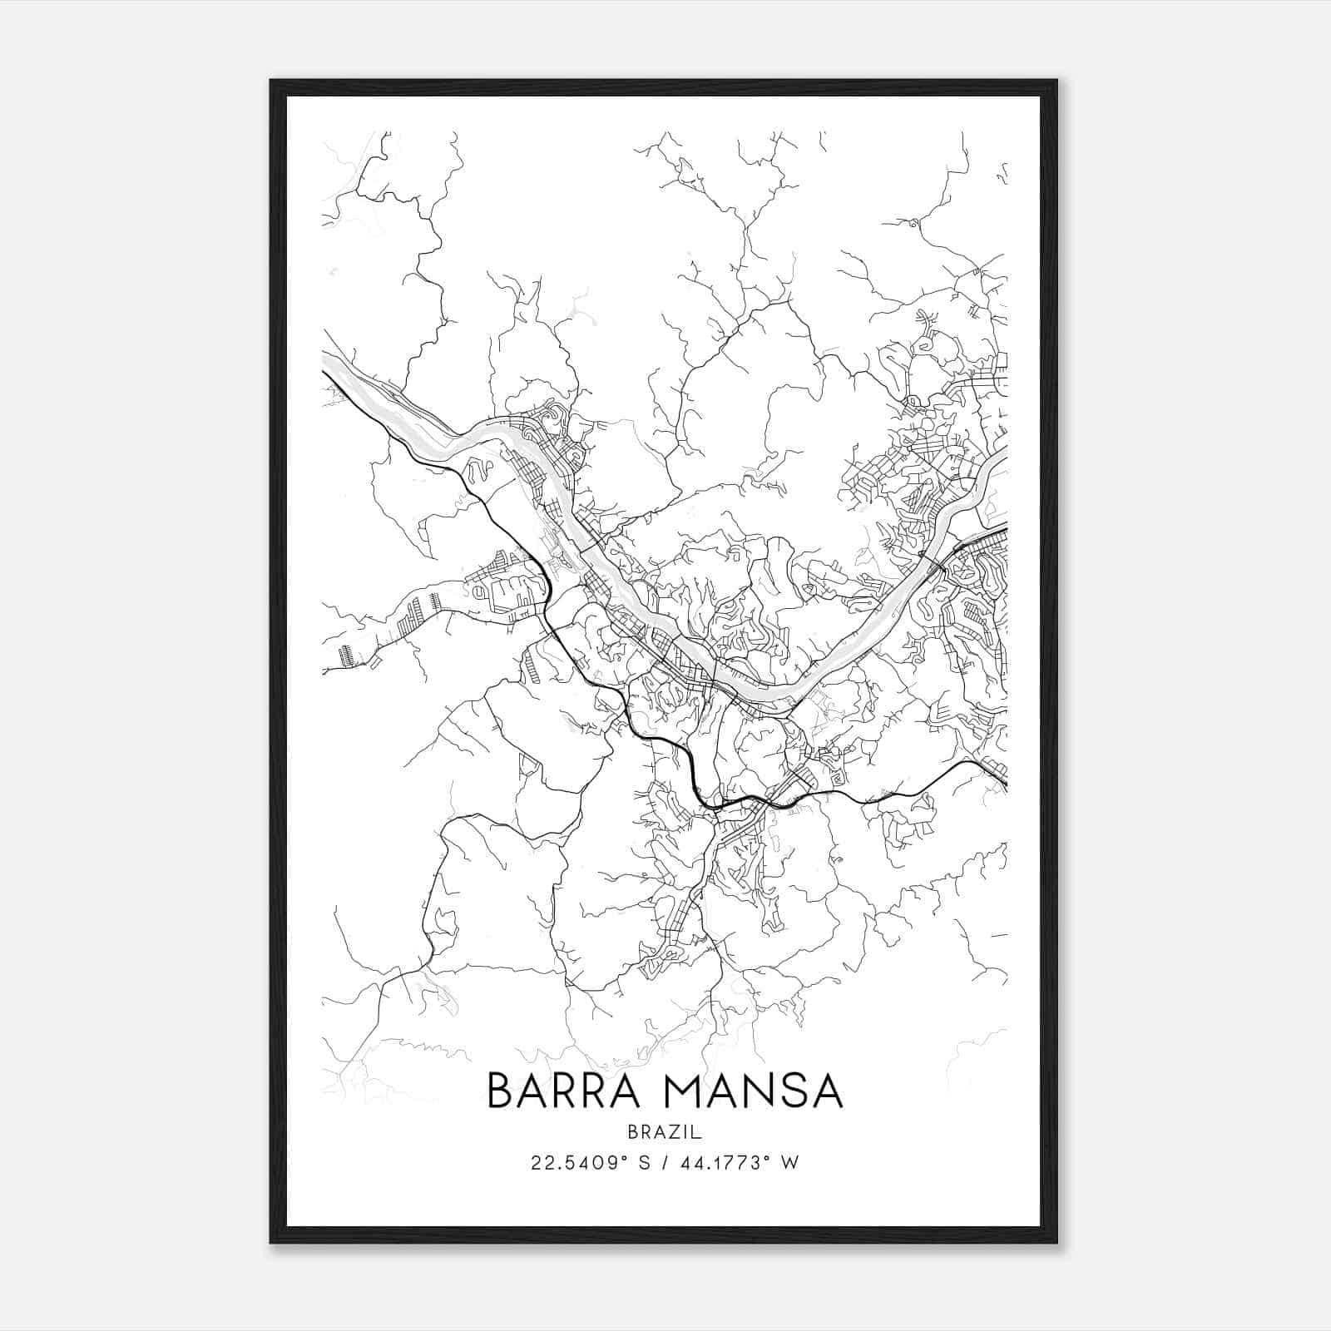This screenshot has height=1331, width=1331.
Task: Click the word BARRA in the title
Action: (567, 1091)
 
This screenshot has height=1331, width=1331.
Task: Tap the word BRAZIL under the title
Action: (665, 1131)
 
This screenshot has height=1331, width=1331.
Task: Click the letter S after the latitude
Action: (643, 1162)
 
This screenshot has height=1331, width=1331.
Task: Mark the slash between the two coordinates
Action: (664, 1162)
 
